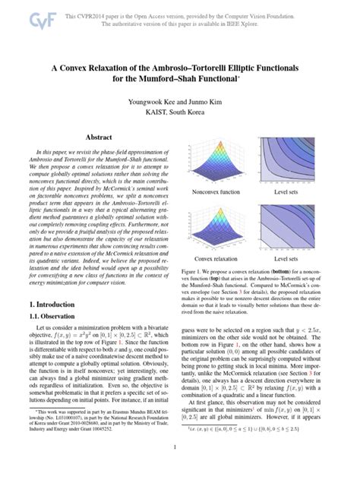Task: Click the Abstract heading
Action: [99, 137]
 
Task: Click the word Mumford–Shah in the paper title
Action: [178, 78]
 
